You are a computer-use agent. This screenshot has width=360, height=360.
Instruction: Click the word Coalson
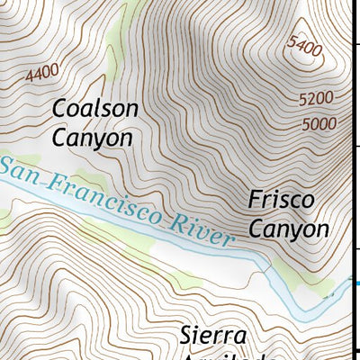pyautogui.click(x=95, y=108)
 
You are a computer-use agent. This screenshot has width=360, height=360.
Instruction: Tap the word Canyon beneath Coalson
pyautogui.click(x=92, y=138)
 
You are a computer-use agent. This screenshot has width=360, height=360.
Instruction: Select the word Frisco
pyautogui.click(x=282, y=199)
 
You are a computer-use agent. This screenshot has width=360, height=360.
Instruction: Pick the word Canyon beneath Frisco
pyautogui.click(x=289, y=229)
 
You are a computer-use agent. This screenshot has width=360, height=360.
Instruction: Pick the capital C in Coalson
pyautogui.click(x=60, y=108)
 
